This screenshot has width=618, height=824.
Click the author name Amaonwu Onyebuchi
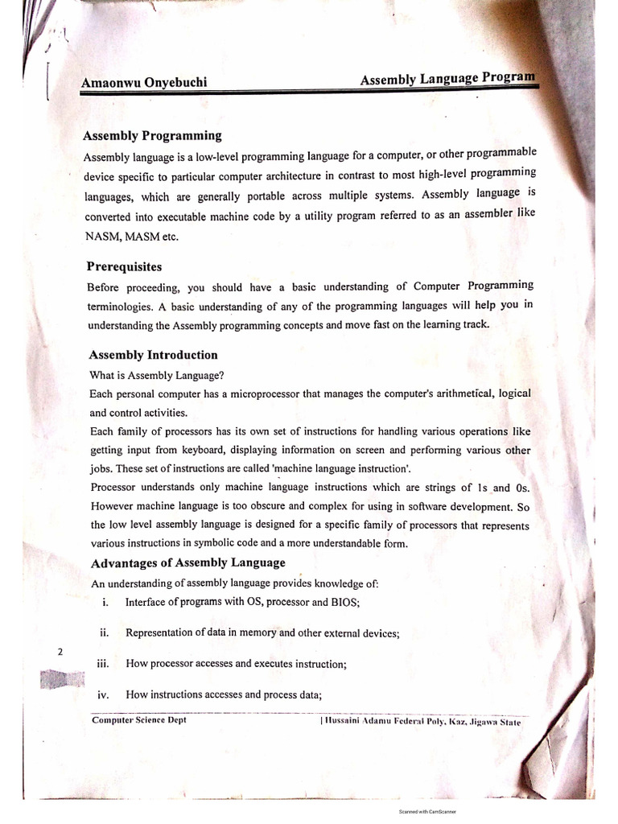coord(144,82)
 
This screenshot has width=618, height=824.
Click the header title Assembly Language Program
coord(447,79)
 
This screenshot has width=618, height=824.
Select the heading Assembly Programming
coord(153,135)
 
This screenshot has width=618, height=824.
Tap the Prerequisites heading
coord(124,266)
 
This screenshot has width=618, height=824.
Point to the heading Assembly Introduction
coord(153,355)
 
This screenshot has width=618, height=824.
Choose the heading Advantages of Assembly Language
coord(187,562)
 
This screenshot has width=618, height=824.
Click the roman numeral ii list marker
coord(105,632)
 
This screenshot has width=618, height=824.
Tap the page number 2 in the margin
coord(60,653)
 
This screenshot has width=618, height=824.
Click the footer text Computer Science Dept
coord(139,721)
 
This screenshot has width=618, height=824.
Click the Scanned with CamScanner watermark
coord(427,812)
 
